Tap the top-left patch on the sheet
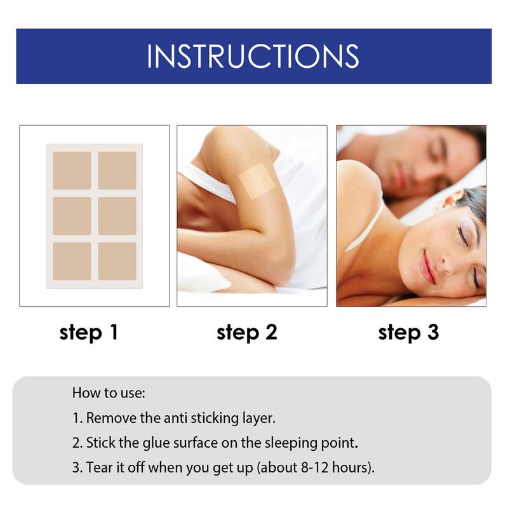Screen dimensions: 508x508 72,170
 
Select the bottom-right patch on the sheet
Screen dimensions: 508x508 117,261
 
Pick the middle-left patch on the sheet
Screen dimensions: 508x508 72,216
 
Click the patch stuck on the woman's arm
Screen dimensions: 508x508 256,180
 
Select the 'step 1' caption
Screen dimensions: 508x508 89,332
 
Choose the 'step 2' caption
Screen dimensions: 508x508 247,332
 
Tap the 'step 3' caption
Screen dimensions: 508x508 408,332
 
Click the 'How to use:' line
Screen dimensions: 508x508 109,392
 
